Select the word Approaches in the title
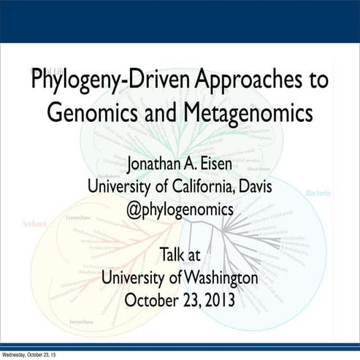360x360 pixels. [242, 81]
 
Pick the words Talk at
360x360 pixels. [180, 256]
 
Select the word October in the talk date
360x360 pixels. [152, 300]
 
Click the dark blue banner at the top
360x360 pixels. [180, 20]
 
